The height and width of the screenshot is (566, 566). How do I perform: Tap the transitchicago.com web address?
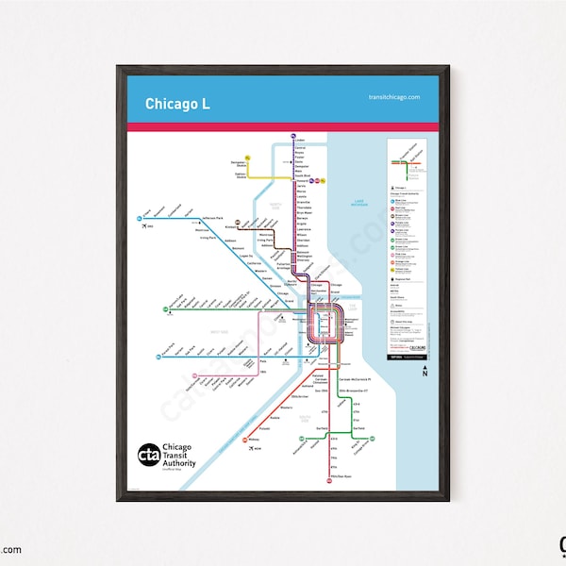(388, 97)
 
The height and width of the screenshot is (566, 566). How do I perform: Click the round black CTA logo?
(149, 454)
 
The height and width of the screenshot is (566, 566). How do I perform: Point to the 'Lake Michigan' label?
(358, 203)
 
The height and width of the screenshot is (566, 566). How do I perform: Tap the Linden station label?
(301, 140)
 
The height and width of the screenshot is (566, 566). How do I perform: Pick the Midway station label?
(254, 441)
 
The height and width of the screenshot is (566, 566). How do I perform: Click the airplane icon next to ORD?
(148, 225)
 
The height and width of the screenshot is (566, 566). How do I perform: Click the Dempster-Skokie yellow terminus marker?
(248, 158)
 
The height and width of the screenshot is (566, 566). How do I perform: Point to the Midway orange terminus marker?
(243, 441)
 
